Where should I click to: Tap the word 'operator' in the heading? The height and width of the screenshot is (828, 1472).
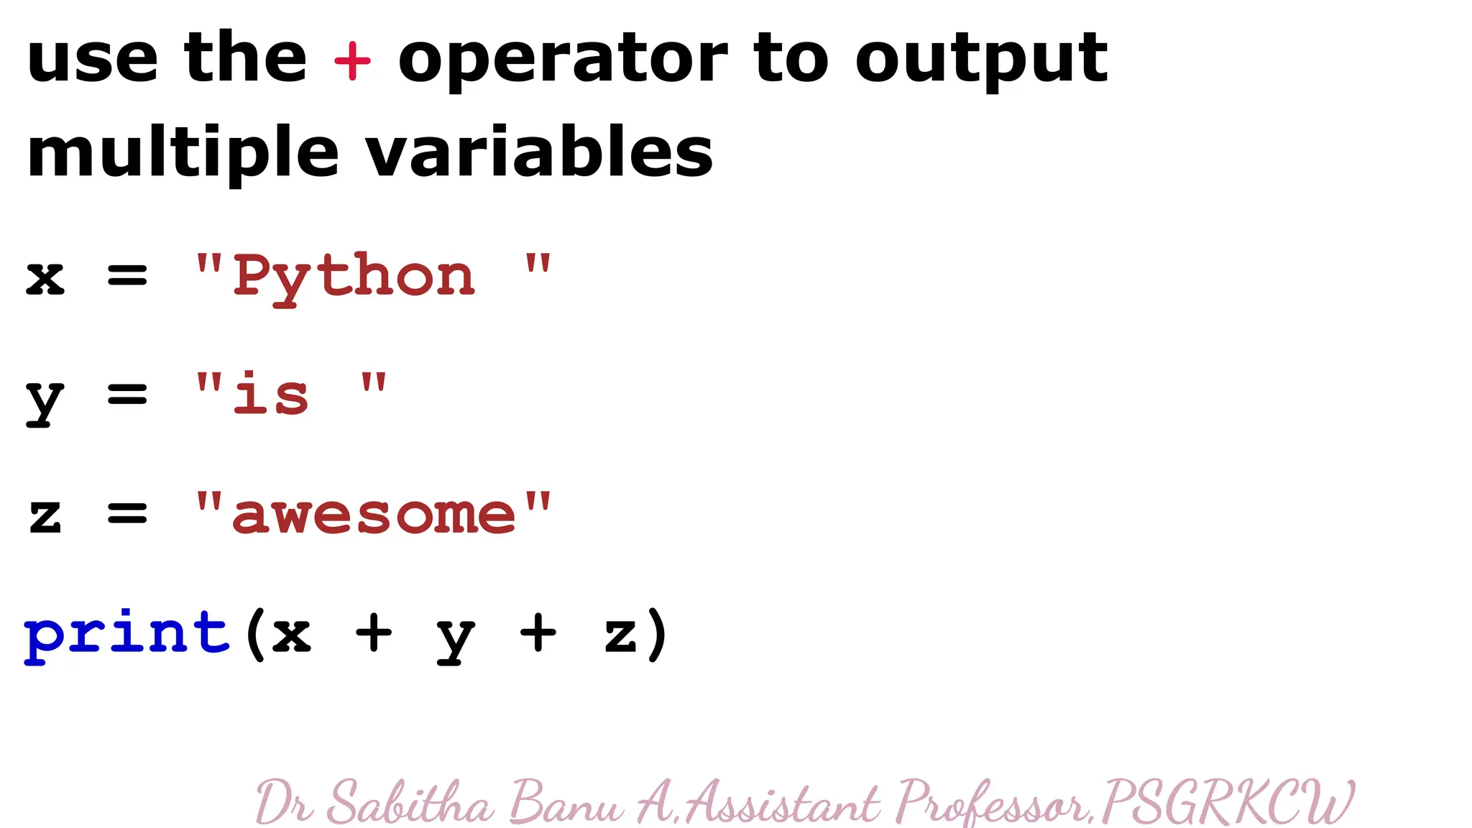point(563,60)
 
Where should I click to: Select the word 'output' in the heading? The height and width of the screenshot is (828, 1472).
point(981,60)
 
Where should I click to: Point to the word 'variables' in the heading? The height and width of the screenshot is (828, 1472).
point(539,152)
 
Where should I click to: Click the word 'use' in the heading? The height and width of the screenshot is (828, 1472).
point(92,60)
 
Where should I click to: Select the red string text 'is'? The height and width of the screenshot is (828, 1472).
point(271,395)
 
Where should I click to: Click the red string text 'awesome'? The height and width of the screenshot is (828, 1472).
point(374,515)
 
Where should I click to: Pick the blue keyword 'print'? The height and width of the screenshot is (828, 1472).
point(127,634)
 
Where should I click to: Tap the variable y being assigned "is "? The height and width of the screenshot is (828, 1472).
point(45,400)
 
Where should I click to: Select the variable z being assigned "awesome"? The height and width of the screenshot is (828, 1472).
point(45,516)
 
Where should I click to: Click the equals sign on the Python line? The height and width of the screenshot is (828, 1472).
point(127,275)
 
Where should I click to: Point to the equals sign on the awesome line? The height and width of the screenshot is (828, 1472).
point(127,514)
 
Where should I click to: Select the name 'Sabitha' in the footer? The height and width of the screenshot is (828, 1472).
point(410,802)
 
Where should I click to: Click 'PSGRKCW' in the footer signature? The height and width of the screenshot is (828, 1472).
point(1227,802)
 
